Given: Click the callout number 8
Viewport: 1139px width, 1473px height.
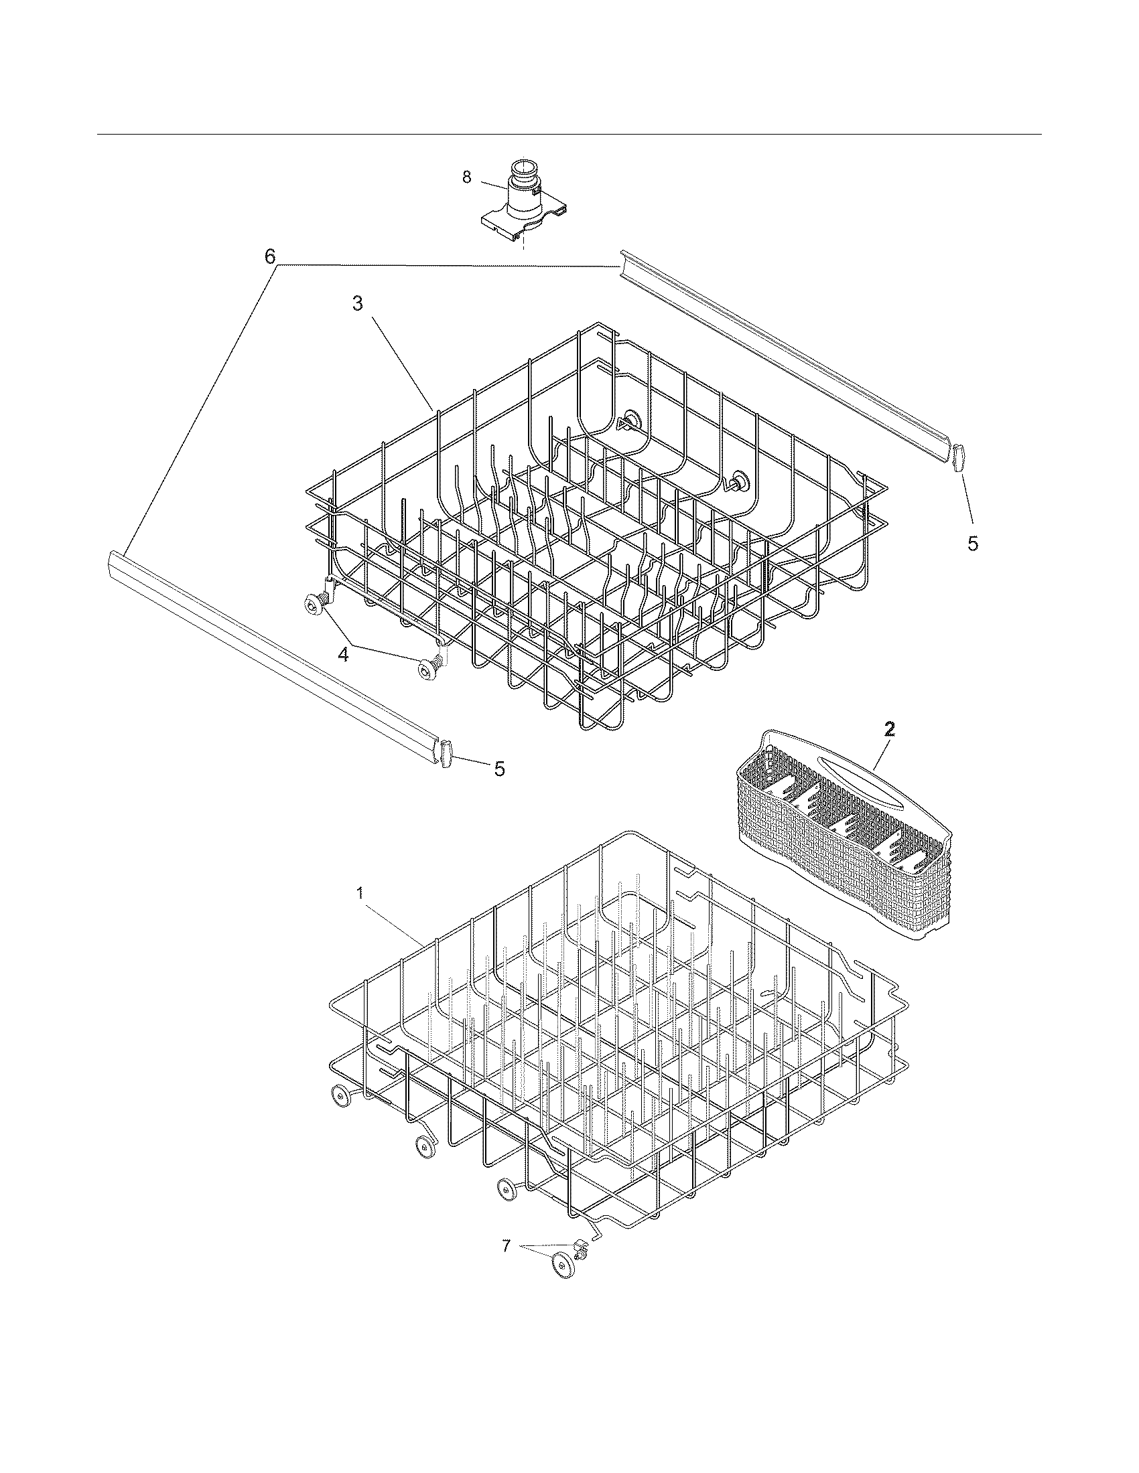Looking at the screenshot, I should (466, 177).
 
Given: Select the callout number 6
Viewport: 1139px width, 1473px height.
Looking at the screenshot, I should (270, 257).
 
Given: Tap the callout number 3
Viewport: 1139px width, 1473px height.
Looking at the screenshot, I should (358, 304).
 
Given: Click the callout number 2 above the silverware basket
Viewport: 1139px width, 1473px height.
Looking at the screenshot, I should (889, 728).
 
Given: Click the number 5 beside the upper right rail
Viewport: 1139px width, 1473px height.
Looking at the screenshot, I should (972, 544).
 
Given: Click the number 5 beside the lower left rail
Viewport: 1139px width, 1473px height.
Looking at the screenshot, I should (499, 769).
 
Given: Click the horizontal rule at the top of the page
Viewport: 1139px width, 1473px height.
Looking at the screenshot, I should (569, 134).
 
